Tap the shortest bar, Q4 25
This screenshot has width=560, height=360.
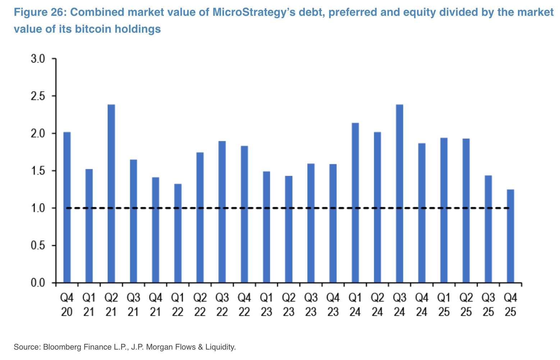pos(510,236)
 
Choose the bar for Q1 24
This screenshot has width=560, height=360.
pos(355,203)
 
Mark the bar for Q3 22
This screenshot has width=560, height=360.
pos(222,212)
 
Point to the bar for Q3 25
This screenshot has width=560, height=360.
pos(488,229)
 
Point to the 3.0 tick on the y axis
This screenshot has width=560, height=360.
pos(38,59)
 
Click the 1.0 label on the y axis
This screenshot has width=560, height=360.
pos(38,208)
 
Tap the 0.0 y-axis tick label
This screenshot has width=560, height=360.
pos(38,283)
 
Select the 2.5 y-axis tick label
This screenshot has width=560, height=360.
pos(38,96)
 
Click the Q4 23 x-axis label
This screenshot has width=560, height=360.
pos(333,305)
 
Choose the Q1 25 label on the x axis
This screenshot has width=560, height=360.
pos(444,305)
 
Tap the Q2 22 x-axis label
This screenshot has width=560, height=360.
pos(200,305)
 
